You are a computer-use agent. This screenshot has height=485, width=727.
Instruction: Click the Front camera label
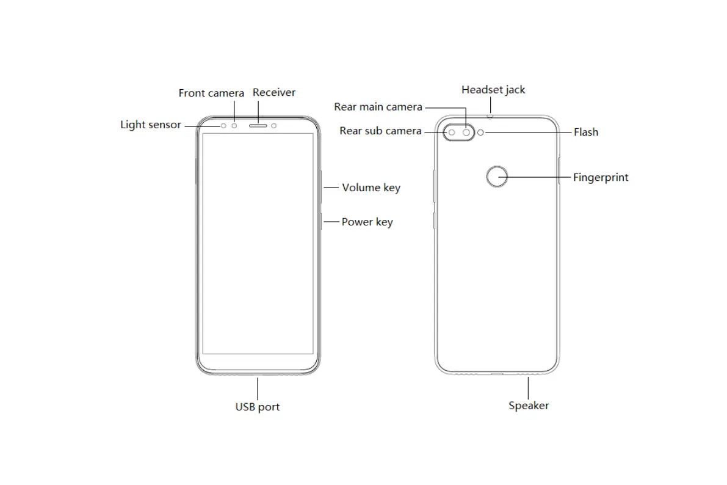(211, 93)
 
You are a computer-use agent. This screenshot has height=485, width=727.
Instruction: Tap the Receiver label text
(274, 92)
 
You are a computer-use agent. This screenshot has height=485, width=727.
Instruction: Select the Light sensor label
(151, 125)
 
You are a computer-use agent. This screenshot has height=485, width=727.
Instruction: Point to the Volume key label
(371, 188)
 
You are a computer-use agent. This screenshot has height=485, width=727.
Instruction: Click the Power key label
(367, 222)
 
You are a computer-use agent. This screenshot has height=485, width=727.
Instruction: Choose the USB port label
(258, 407)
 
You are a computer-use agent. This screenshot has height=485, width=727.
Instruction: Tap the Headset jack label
(493, 90)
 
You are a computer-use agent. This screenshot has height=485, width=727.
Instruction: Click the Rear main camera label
(378, 107)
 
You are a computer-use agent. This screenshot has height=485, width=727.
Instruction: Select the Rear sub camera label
(380, 131)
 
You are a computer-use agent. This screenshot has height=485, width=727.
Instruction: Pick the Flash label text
(586, 132)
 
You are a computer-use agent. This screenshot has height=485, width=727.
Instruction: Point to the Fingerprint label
(601, 178)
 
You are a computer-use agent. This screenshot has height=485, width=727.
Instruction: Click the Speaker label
(529, 406)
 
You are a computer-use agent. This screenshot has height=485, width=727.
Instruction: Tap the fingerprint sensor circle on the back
(497, 177)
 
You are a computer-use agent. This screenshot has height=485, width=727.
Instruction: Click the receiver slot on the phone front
(258, 125)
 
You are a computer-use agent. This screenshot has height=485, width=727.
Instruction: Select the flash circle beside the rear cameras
(481, 132)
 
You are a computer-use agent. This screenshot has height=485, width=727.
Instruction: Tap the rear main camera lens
(467, 132)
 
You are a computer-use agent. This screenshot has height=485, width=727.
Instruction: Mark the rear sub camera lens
(452, 132)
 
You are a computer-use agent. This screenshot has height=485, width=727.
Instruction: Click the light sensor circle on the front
(223, 125)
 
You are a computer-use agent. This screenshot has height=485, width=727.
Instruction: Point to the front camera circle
(234, 125)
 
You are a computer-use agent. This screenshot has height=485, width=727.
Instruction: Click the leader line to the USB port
(258, 387)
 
